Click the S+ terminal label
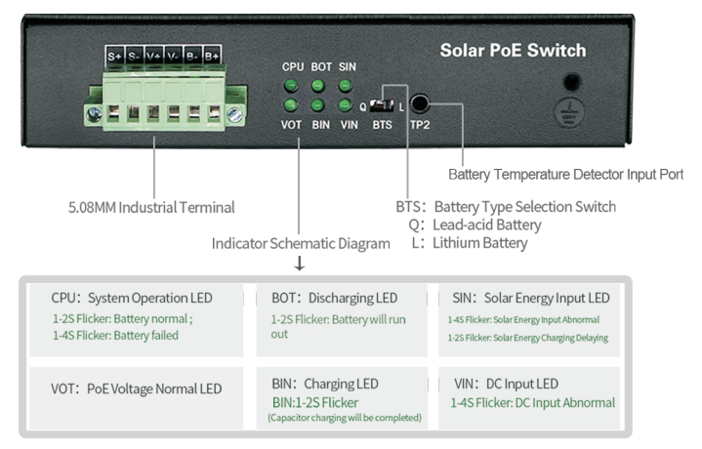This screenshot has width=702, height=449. (115, 57)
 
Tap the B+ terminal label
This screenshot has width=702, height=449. (212, 57)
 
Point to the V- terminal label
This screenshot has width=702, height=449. (174, 57)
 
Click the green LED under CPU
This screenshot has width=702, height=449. (291, 85)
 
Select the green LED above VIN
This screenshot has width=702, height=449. (346, 103)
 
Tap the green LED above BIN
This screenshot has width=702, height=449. (318, 103)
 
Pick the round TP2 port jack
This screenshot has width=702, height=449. (420, 102)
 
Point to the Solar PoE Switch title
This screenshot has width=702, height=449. (513, 50)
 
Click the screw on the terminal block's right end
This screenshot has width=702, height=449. (234, 114)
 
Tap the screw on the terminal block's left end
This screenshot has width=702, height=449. (94, 114)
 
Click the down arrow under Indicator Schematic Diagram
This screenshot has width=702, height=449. (299, 264)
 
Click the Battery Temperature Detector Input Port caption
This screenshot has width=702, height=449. (565, 174)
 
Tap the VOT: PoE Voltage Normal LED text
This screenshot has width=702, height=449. (137, 388)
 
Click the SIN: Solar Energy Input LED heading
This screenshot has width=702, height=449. (530, 298)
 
